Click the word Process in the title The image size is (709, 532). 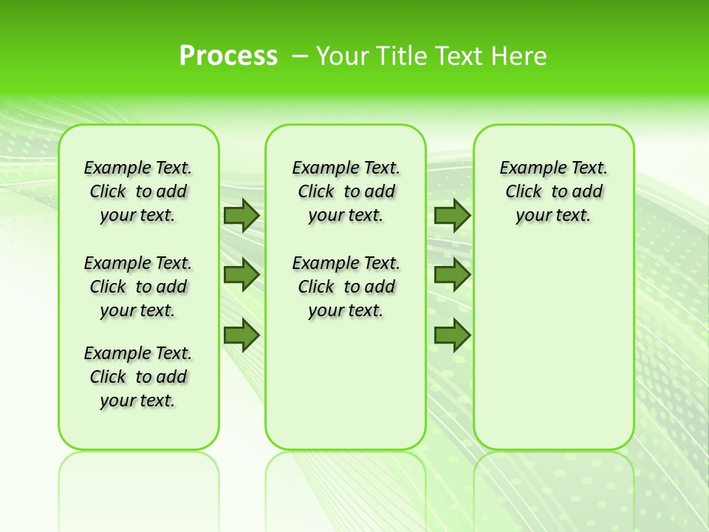pyautogui.click(x=228, y=56)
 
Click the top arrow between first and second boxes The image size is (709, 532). pyautogui.click(x=241, y=216)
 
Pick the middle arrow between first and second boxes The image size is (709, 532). pyautogui.click(x=241, y=275)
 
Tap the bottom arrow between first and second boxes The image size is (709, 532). pyautogui.click(x=241, y=335)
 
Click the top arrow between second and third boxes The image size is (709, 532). pyautogui.click(x=452, y=216)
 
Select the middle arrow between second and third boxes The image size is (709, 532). pyautogui.click(x=452, y=275)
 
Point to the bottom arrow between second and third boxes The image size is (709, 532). pyautogui.click(x=452, y=335)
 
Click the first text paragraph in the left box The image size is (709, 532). pyautogui.click(x=138, y=191)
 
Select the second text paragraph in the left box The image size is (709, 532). pyautogui.click(x=138, y=287)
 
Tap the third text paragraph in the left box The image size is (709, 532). pyautogui.click(x=138, y=377)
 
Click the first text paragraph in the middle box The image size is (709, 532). pyautogui.click(x=346, y=191)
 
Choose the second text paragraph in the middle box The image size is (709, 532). pyautogui.click(x=346, y=287)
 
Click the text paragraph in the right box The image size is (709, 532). pyautogui.click(x=553, y=191)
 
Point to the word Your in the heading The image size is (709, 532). pyautogui.click(x=342, y=56)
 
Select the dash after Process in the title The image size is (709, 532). pyautogui.click(x=300, y=56)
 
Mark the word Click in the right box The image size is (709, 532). pyautogui.click(x=524, y=192)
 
